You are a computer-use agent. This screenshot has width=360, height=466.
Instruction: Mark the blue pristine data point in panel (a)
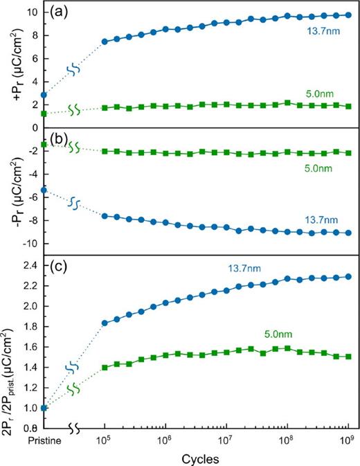coord(44,95)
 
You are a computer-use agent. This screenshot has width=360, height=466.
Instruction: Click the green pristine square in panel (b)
coord(44,144)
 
